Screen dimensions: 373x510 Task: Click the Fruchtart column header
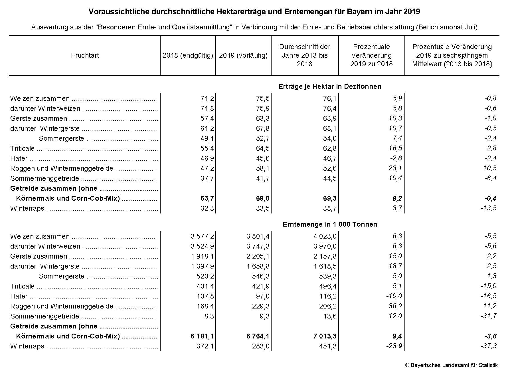85,55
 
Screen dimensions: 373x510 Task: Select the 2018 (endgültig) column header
188,55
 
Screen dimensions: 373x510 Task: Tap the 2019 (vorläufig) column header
243,55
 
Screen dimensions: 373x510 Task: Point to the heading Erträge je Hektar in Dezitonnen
330,86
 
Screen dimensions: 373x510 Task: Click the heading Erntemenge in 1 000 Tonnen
330,224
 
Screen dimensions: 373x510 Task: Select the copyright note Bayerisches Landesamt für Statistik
452,365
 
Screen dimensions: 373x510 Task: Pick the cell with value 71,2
207,98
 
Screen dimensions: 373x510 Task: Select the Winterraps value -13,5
488,208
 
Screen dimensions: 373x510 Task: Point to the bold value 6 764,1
258,336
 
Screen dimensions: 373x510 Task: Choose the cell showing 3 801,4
258,236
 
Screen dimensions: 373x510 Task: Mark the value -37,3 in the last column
488,346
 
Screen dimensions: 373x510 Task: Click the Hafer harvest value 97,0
263,296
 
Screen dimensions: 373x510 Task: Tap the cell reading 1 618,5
325,266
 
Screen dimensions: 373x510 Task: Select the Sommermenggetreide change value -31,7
488,316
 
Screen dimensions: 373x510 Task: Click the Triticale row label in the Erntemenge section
22,286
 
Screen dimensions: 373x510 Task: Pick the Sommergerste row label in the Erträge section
61,138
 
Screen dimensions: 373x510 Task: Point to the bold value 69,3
330,198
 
